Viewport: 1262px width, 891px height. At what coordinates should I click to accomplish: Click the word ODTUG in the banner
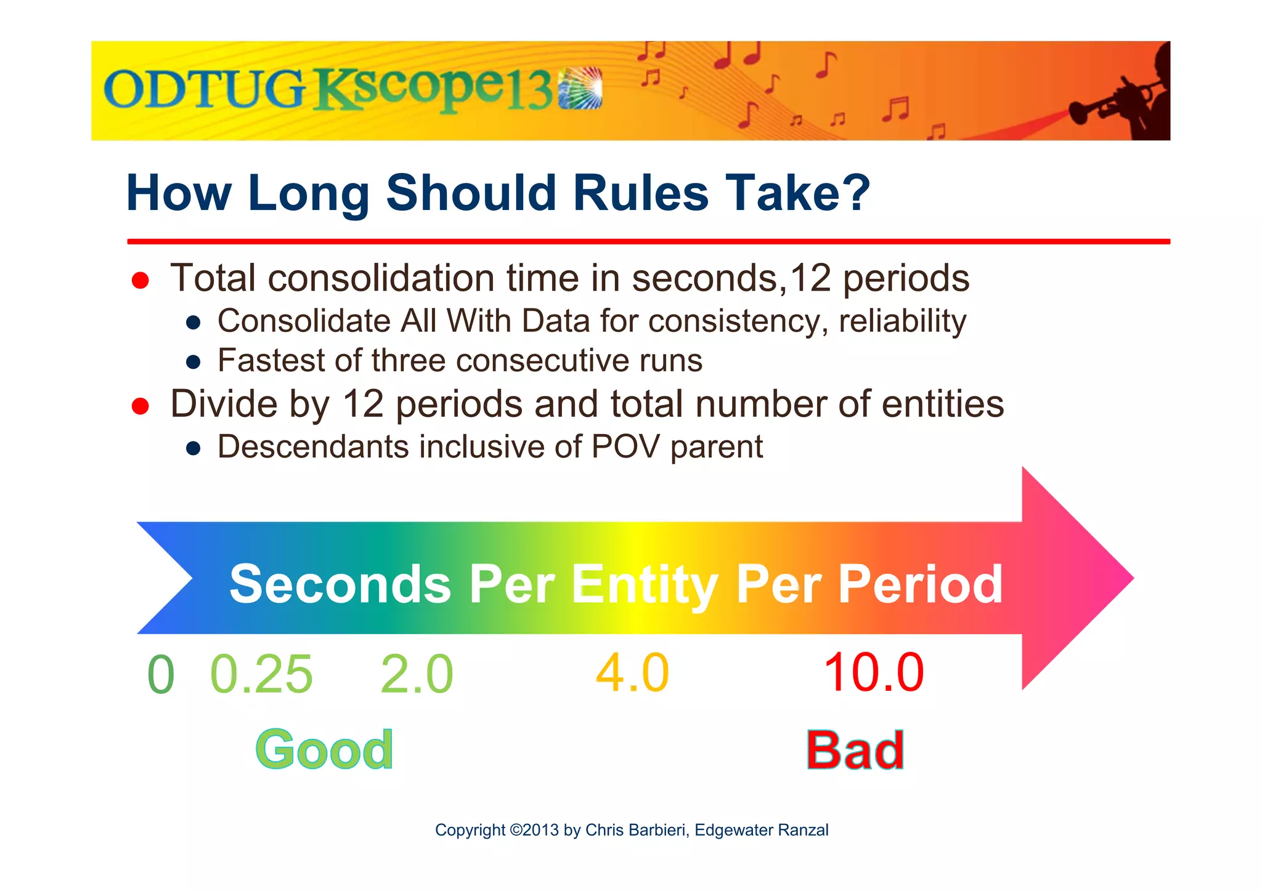point(204,90)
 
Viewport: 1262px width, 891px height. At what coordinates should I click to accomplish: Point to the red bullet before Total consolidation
point(140,281)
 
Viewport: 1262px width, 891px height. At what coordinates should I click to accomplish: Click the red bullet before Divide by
point(140,406)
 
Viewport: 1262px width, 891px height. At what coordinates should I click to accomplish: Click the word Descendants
point(312,447)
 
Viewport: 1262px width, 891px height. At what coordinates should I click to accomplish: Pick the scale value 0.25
point(261,674)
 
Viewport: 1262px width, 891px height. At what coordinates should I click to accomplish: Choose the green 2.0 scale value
point(417,674)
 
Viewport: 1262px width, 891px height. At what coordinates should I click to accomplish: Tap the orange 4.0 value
point(632,673)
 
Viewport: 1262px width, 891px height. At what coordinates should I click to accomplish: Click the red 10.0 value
point(874,673)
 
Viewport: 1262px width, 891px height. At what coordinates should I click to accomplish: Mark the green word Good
point(324,750)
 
